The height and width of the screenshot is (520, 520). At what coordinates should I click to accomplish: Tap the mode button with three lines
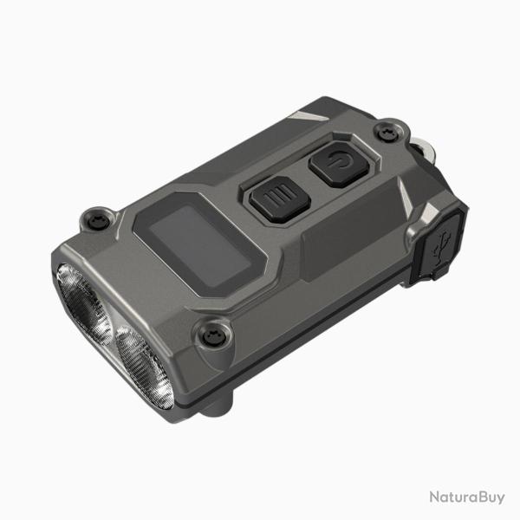pyautogui.click(x=280, y=199)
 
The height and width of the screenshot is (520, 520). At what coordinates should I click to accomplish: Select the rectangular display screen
pyautogui.click(x=200, y=246)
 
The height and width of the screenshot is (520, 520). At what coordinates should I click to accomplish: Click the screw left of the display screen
pyautogui.click(x=100, y=219)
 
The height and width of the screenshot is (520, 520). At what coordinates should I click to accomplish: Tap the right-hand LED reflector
pyautogui.click(x=144, y=367)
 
